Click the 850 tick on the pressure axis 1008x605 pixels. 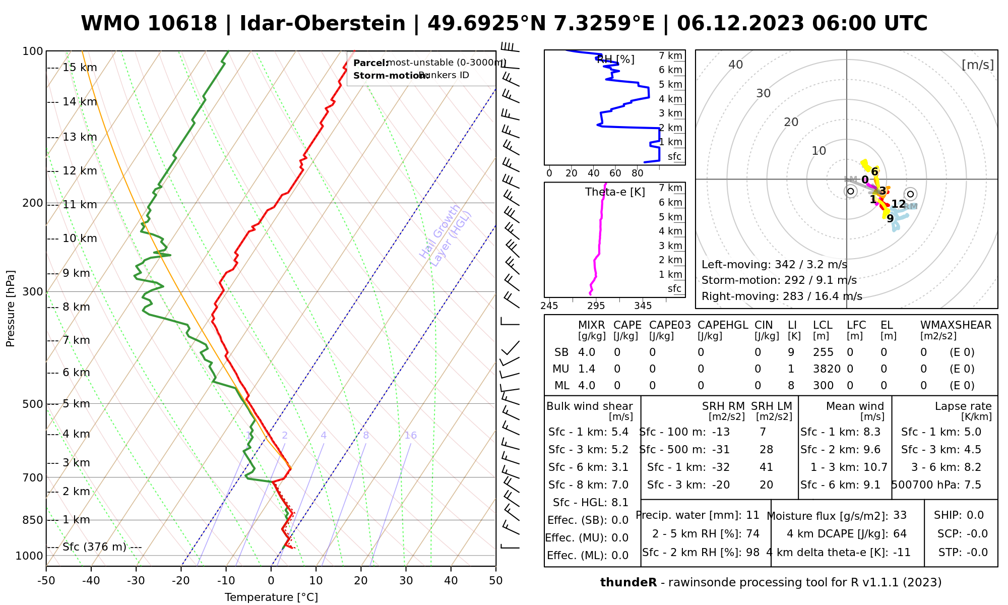point(33,520)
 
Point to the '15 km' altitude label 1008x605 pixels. point(80,68)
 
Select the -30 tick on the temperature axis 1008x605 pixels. point(136,581)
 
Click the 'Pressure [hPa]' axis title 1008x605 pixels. point(11,309)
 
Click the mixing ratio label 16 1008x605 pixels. point(410,436)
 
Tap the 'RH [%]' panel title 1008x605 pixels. point(615,59)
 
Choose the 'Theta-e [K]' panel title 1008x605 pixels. point(615,192)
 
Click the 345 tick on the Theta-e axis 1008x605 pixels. point(643,306)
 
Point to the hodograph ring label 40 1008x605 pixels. point(736,65)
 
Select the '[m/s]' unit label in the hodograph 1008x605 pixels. point(978,65)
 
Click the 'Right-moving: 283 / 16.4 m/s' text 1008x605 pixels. point(782,296)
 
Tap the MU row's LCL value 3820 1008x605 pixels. point(827,369)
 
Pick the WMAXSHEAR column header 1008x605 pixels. point(956,325)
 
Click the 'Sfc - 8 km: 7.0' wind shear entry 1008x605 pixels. point(588,485)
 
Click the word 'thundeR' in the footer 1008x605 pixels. point(628,583)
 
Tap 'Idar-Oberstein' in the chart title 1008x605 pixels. point(323,24)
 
